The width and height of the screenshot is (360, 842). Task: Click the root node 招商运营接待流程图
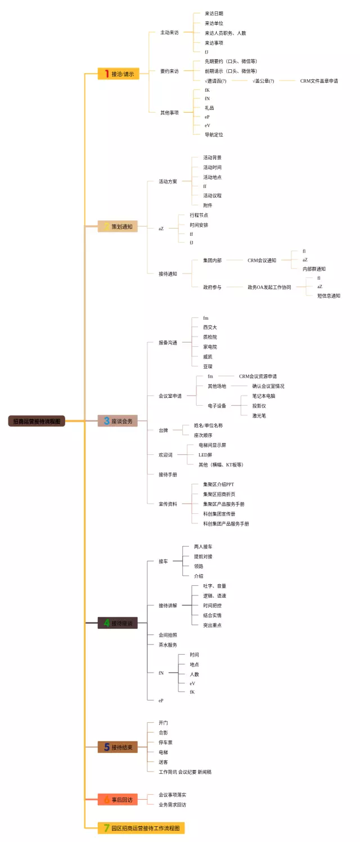(x=37, y=421)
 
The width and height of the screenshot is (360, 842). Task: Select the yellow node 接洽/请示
(x=119, y=74)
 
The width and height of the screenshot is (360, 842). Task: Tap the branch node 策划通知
(x=118, y=227)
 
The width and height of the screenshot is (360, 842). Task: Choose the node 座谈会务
(x=118, y=421)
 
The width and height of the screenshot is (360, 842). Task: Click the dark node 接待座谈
(x=118, y=623)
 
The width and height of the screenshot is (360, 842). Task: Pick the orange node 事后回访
(x=118, y=799)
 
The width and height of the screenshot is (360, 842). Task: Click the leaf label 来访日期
(x=214, y=14)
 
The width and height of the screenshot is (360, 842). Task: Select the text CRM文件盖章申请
(x=319, y=81)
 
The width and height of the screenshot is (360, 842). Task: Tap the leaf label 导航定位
(x=214, y=135)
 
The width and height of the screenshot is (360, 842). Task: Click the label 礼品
(x=209, y=108)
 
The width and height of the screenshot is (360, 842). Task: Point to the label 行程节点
(x=199, y=215)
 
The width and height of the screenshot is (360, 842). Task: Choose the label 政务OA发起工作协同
(x=269, y=287)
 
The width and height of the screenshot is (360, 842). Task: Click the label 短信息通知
(x=328, y=296)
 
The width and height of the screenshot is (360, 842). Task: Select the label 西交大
(x=210, y=327)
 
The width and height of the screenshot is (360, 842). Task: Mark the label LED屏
(x=205, y=455)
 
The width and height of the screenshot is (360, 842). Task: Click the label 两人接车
(x=203, y=547)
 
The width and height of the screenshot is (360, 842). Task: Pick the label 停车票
(x=165, y=742)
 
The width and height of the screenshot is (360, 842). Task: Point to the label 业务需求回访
(x=172, y=804)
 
